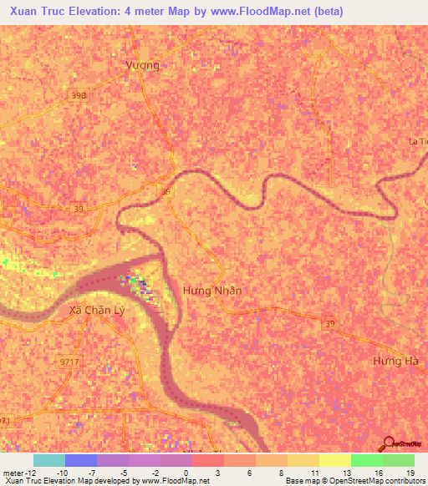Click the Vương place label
click(x=141, y=64)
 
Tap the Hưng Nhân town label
click(x=212, y=291)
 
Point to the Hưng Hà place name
click(x=395, y=361)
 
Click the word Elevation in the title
click(x=98, y=13)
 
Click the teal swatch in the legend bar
click(x=49, y=460)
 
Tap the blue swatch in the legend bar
click(x=81, y=460)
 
